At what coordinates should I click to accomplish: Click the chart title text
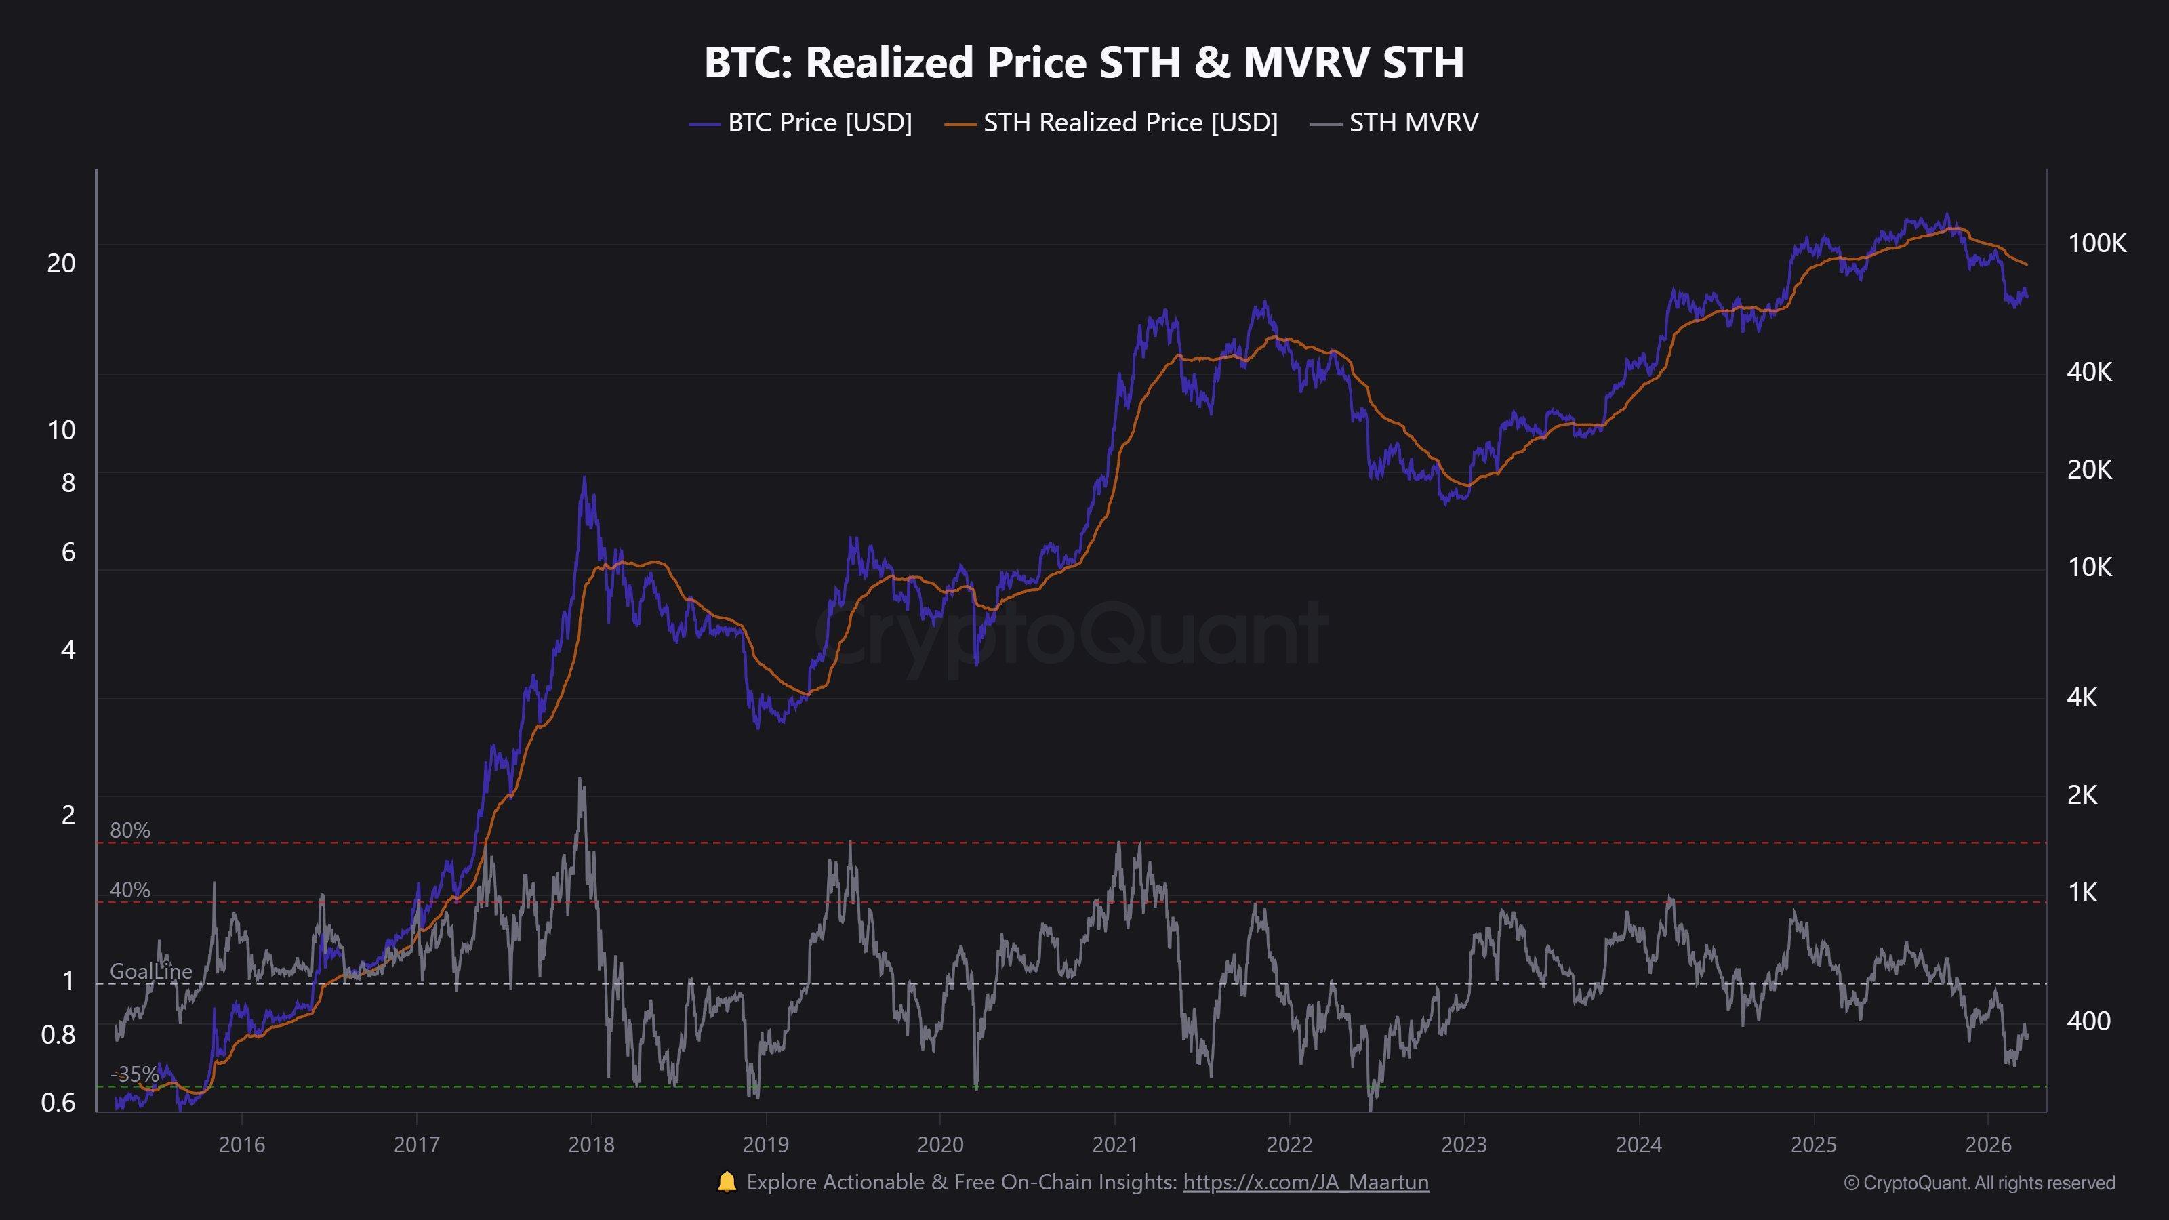[1084, 62]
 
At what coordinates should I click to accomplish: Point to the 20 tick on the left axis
[60, 264]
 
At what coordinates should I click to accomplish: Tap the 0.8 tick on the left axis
[58, 1035]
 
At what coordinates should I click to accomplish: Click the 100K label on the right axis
[2096, 243]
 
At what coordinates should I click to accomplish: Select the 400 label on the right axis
[2088, 1021]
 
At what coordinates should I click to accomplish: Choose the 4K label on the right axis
[2082, 697]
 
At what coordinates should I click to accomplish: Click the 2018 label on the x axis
[591, 1145]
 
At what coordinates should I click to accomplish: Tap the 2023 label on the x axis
[1463, 1145]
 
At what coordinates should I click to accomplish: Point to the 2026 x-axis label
[1987, 1145]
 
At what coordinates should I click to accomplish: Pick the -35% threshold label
[135, 1074]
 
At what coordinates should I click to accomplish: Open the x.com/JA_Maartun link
[1305, 1183]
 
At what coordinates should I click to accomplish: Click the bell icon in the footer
[726, 1182]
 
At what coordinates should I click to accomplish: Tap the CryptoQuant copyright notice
[1979, 1183]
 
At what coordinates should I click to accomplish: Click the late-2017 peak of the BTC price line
[584, 479]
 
